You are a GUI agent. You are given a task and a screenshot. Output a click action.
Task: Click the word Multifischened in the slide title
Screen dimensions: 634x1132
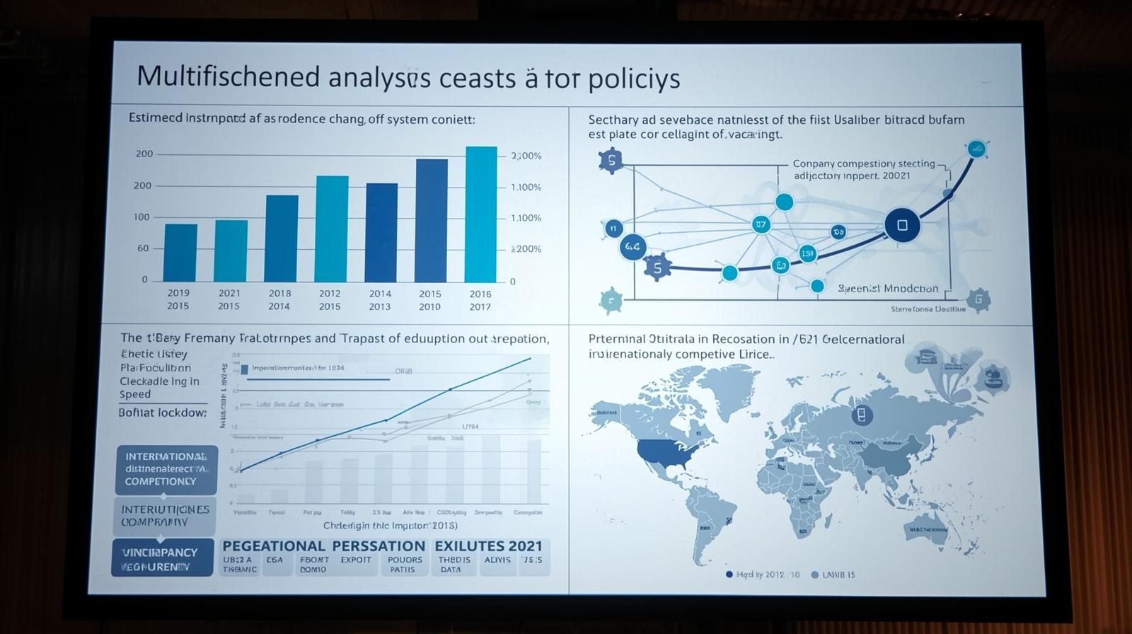coord(228,76)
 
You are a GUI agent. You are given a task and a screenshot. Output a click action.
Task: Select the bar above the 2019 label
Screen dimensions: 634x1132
coord(180,252)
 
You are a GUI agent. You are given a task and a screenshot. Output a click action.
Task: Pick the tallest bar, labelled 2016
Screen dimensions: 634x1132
coord(481,214)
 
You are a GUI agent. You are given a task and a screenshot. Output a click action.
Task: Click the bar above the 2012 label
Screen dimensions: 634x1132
coord(331,228)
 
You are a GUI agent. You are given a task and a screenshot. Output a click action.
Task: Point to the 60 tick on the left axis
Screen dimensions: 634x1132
coord(144,248)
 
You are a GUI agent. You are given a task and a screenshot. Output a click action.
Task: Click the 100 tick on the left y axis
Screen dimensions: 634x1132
coord(142,217)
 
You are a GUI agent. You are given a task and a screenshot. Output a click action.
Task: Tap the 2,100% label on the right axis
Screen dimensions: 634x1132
coord(526,156)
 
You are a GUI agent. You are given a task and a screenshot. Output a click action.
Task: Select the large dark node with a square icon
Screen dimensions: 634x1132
coord(902,225)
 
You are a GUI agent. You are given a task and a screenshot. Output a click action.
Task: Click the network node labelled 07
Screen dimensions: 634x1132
coord(761,225)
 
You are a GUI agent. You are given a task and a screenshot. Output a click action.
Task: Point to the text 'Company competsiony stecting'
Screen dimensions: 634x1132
coord(864,163)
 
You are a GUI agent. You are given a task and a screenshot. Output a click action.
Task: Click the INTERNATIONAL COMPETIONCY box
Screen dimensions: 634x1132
coord(166,469)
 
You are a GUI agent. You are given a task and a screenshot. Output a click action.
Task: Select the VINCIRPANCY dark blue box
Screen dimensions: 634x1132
coord(162,558)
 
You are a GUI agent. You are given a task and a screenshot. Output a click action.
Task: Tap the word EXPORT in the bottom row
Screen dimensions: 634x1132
coord(356,560)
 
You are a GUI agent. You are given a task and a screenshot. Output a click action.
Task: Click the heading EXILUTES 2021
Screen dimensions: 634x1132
coord(488,546)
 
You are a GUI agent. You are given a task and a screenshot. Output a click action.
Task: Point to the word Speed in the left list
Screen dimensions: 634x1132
coord(135,394)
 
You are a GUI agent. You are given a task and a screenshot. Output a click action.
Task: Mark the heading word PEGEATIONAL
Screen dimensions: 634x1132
coord(274,546)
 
